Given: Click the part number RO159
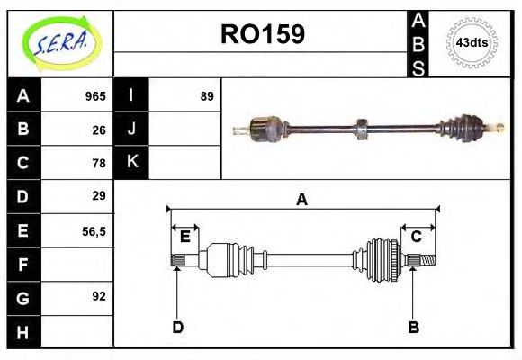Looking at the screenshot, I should [x=263, y=34].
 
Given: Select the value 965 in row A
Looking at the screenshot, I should [x=95, y=96].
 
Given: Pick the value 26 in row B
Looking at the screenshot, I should [x=99, y=130].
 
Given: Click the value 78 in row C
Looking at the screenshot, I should [x=99, y=163].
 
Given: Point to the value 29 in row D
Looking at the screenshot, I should [x=99, y=195].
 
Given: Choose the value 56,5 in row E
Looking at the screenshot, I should [x=94, y=230].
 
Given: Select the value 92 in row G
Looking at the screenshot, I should [x=99, y=296].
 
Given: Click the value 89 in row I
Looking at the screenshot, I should [x=206, y=96].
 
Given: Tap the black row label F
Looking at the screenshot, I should [x=22, y=265].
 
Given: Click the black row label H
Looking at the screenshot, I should [x=22, y=331].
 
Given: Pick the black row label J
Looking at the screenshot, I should [x=132, y=130].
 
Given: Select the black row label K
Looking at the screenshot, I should [x=132, y=163].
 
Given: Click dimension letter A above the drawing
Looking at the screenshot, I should [x=301, y=200].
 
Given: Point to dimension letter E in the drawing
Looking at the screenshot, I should [x=184, y=237].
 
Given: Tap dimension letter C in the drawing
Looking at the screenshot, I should [x=416, y=237].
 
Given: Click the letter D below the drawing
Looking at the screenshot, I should [x=177, y=327].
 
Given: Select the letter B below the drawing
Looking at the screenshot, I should [x=413, y=327].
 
